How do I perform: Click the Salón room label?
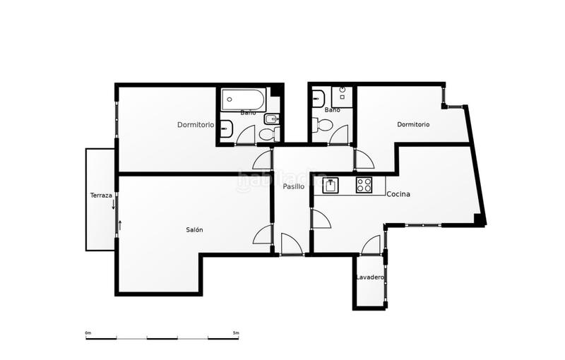coord(194,230)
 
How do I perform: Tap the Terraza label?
coord(101,196)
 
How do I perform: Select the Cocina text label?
coord(398,193)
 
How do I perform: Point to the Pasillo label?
coord(293,187)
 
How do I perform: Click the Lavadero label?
coord(369,277)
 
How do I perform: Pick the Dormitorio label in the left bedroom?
coord(195,125)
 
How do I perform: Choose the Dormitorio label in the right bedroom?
coord(413,125)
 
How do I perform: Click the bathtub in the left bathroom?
coord(242,99)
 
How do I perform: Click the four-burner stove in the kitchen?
coord(364,185)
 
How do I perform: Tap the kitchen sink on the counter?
coord(331,186)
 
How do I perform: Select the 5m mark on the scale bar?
coord(235,332)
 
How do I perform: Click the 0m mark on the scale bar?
coord(88,332)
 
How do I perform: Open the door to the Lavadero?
coord(371,245)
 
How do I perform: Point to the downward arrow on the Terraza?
coord(113,205)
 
